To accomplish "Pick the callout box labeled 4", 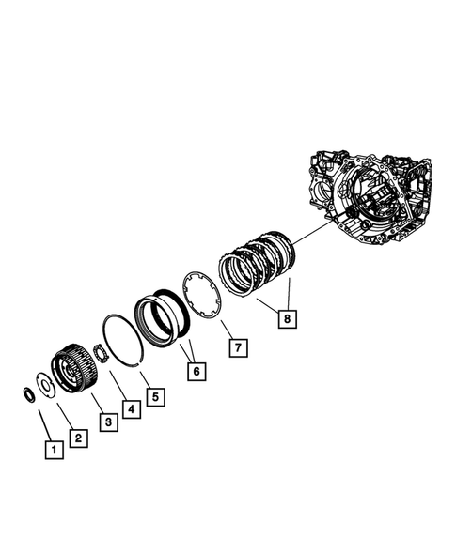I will pyautogui.click(x=130, y=409).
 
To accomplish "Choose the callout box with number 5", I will pyautogui.click(x=155, y=395).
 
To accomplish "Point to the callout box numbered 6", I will pyautogui.click(x=197, y=372).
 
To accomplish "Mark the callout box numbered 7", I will pyautogui.click(x=240, y=348).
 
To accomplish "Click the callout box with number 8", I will pyautogui.click(x=286, y=318).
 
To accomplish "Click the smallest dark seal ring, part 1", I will pyautogui.click(x=29, y=392).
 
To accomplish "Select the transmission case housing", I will pyautogui.click(x=372, y=197).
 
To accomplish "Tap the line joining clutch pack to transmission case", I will pyautogui.click(x=314, y=229).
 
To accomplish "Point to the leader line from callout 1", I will pyautogui.click(x=43, y=421).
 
